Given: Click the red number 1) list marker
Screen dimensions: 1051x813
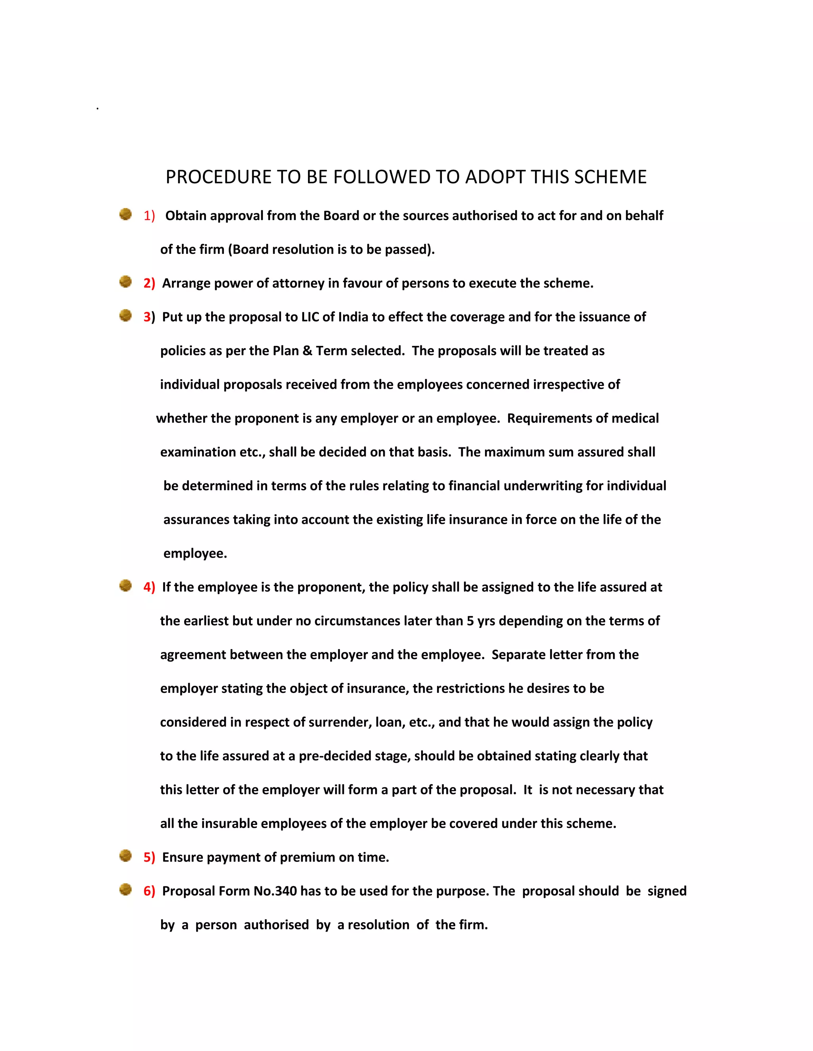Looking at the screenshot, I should point(149,216).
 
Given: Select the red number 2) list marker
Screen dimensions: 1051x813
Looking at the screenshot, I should point(149,284).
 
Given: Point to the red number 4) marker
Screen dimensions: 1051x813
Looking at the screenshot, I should point(149,587).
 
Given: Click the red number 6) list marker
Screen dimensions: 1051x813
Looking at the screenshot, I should point(149,891).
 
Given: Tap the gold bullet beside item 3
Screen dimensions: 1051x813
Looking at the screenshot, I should point(126,316).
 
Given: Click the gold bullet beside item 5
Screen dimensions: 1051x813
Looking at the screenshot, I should point(126,856).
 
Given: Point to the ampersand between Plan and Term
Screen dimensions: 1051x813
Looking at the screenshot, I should point(307,351).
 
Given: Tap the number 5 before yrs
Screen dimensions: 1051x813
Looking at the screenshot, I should point(470,621).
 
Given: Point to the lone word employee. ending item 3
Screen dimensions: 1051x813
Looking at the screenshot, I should point(195,553).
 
